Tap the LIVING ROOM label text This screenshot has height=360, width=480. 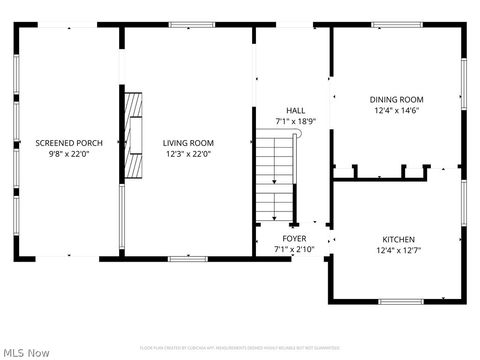click(x=189, y=143)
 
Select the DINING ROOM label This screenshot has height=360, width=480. click(x=397, y=100)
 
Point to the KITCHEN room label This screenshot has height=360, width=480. click(x=398, y=240)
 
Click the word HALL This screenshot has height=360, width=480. click(x=295, y=111)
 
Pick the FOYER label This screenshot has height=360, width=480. click(x=294, y=239)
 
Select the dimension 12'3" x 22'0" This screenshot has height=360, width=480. click(x=189, y=154)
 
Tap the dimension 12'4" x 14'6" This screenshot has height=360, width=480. click(x=397, y=111)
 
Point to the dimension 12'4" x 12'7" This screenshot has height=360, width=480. click(x=398, y=251)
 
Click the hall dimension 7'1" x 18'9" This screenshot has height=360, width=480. click(x=295, y=121)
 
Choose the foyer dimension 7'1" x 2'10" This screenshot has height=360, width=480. click(x=294, y=249)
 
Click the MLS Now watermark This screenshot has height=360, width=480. click(x=27, y=352)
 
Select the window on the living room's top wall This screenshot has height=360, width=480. click(x=192, y=25)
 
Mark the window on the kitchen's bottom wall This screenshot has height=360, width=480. click(x=400, y=301)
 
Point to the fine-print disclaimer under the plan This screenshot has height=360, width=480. click(x=239, y=347)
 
